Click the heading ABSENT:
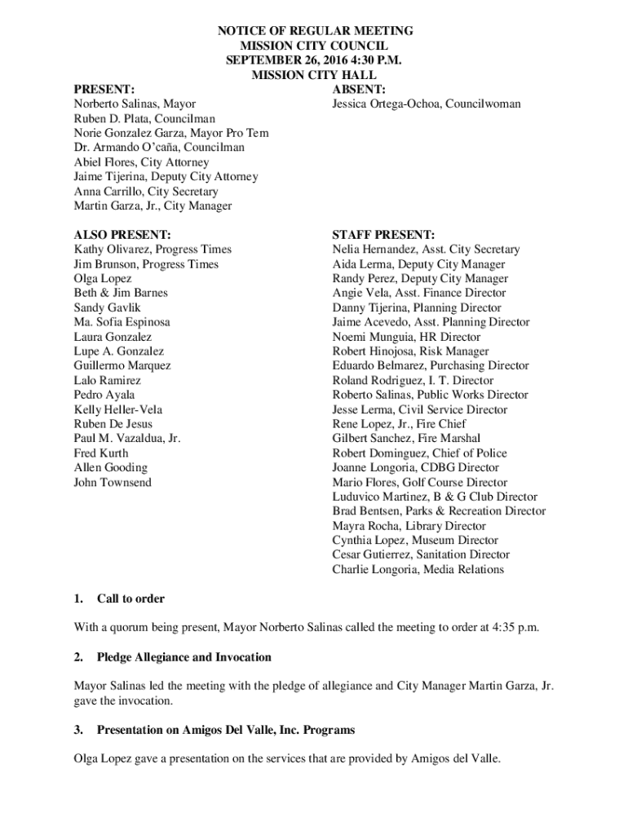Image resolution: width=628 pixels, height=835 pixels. [x=359, y=90]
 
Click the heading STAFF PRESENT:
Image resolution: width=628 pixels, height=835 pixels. [x=383, y=235]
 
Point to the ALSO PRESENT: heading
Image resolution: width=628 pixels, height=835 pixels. [x=122, y=235]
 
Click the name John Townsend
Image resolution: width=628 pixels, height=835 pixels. [x=113, y=482]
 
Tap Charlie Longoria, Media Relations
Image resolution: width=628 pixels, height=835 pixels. [x=418, y=569]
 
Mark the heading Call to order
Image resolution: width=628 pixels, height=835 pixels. [x=130, y=599]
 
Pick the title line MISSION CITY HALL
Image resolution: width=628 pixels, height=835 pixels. [x=314, y=75]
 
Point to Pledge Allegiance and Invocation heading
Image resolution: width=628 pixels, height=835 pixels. [x=184, y=657]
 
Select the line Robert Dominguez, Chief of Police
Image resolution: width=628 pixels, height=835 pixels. [x=419, y=453]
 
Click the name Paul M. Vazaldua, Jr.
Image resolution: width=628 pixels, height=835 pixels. [x=126, y=438]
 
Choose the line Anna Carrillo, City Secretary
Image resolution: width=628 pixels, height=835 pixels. [x=146, y=192]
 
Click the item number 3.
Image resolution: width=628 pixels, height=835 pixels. [x=78, y=730]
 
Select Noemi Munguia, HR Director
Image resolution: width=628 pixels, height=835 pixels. [x=406, y=337]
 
